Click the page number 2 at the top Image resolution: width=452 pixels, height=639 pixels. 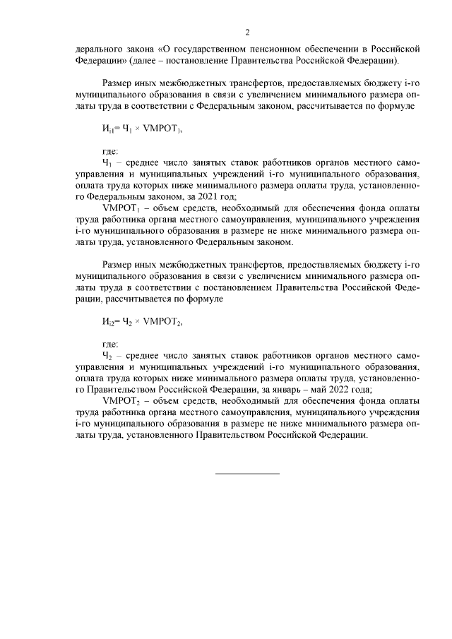pyautogui.click(x=247, y=32)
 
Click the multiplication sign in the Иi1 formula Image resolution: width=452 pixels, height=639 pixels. pyautogui.click(x=137, y=130)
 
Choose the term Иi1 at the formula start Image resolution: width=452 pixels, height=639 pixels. pyautogui.click(x=108, y=130)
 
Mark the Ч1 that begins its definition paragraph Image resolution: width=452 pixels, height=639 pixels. pyautogui.click(x=107, y=163)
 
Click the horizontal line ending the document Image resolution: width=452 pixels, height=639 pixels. pyautogui.click(x=247, y=472)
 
